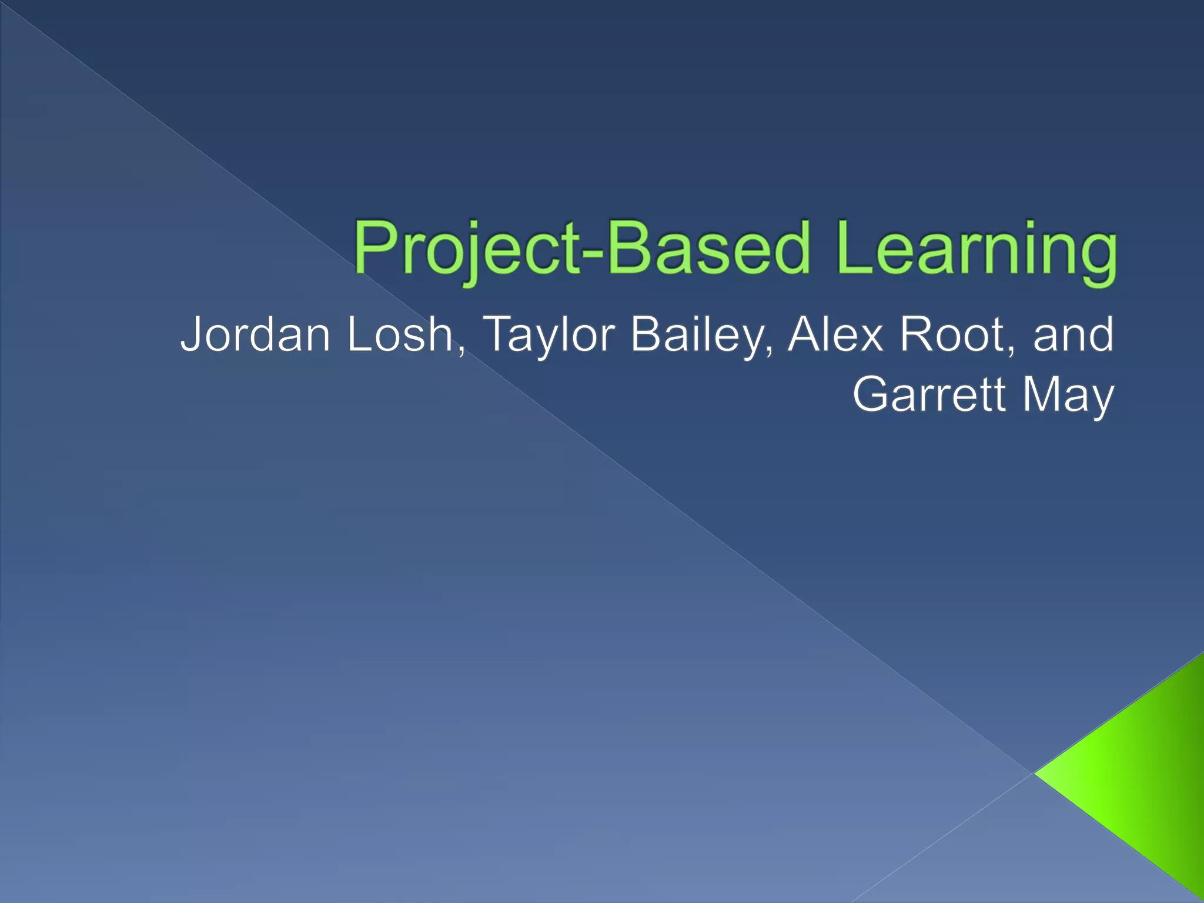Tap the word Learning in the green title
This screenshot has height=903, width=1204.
(x=976, y=250)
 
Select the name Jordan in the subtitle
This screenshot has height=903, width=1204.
(x=256, y=335)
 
